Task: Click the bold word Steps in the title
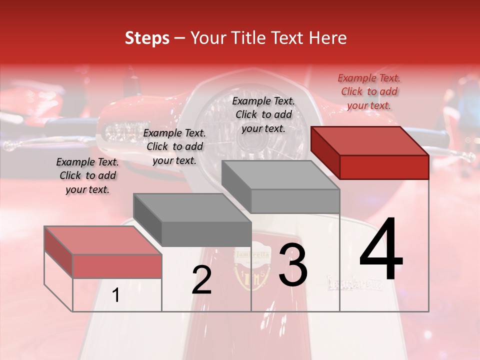click(146, 38)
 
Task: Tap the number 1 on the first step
click(115, 296)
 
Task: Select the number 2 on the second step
click(201, 280)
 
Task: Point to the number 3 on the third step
click(292, 265)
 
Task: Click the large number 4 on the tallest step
click(381, 249)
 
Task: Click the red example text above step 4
click(369, 91)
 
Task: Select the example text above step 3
click(263, 114)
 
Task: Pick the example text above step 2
click(174, 146)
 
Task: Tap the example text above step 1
click(87, 175)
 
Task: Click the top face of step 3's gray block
click(280, 175)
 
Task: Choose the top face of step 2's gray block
click(192, 207)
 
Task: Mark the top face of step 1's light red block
click(103, 240)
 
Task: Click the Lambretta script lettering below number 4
click(355, 282)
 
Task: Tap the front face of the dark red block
click(384, 167)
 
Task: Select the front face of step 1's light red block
click(117, 266)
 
